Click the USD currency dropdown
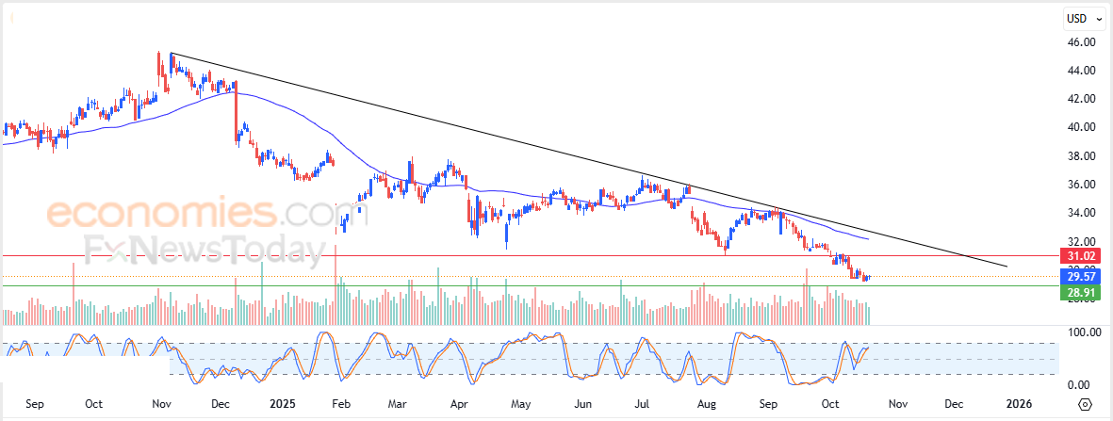pyautogui.click(x=1080, y=18)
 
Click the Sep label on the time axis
pyautogui.click(x=35, y=404)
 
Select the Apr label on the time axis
pyautogui.click(x=459, y=404)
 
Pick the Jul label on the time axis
pyautogui.click(x=643, y=404)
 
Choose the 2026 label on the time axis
pyautogui.click(x=1019, y=404)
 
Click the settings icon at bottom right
pyautogui.click(x=1085, y=404)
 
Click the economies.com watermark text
pyautogui.click(x=179, y=213)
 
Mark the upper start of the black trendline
pyautogui.click(x=171, y=54)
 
